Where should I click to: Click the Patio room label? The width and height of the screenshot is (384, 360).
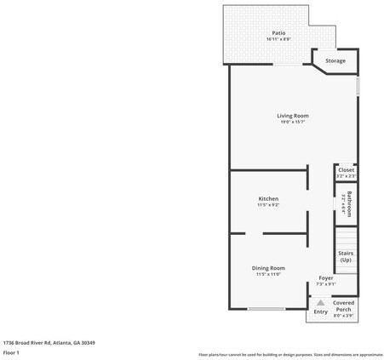[267, 32]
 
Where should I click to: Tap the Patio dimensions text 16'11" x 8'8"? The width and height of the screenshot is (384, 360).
[267, 39]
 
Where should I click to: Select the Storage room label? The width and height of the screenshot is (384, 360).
[335, 61]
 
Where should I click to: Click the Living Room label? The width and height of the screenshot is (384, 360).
[292, 116]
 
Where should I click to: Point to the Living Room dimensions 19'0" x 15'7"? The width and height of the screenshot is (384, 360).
[292, 123]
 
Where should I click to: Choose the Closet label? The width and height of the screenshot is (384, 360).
[346, 170]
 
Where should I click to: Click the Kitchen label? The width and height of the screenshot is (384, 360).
[268, 199]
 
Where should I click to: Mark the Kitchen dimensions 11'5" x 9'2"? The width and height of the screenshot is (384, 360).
[268, 206]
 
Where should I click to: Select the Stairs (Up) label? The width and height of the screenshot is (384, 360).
[345, 256]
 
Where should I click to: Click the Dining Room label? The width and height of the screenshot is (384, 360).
[268, 268]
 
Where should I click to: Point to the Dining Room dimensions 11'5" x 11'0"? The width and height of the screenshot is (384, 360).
[268, 275]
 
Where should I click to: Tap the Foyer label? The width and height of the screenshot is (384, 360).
[326, 277]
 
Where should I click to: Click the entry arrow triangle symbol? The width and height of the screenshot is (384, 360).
[320, 302]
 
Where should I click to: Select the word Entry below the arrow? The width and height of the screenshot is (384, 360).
[320, 312]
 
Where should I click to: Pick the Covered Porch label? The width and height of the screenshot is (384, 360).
[344, 306]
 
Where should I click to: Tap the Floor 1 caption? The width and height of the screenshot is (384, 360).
[11, 351]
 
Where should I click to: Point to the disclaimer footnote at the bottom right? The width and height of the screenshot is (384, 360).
[290, 354]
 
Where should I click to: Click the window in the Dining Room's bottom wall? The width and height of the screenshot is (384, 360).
[267, 309]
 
